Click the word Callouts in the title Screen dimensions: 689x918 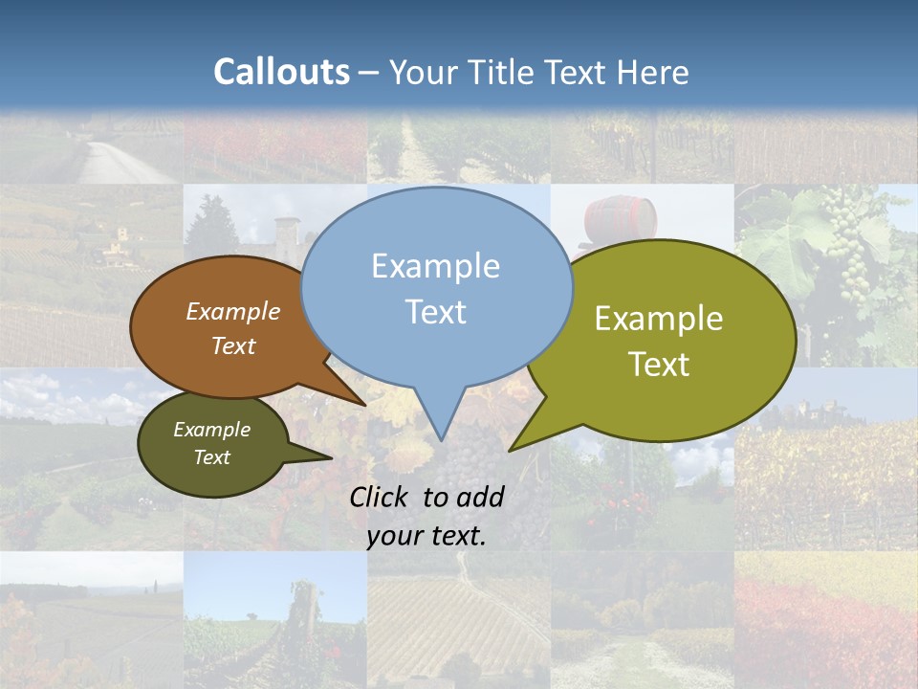coord(281,73)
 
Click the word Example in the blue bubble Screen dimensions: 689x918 coord(435,266)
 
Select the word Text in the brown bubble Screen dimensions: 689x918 coord(232,346)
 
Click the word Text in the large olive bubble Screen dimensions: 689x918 coord(660,365)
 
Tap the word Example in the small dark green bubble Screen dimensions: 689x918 coord(211,430)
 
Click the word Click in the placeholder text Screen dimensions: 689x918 coord(378,497)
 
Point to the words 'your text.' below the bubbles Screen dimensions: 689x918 coord(426,536)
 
